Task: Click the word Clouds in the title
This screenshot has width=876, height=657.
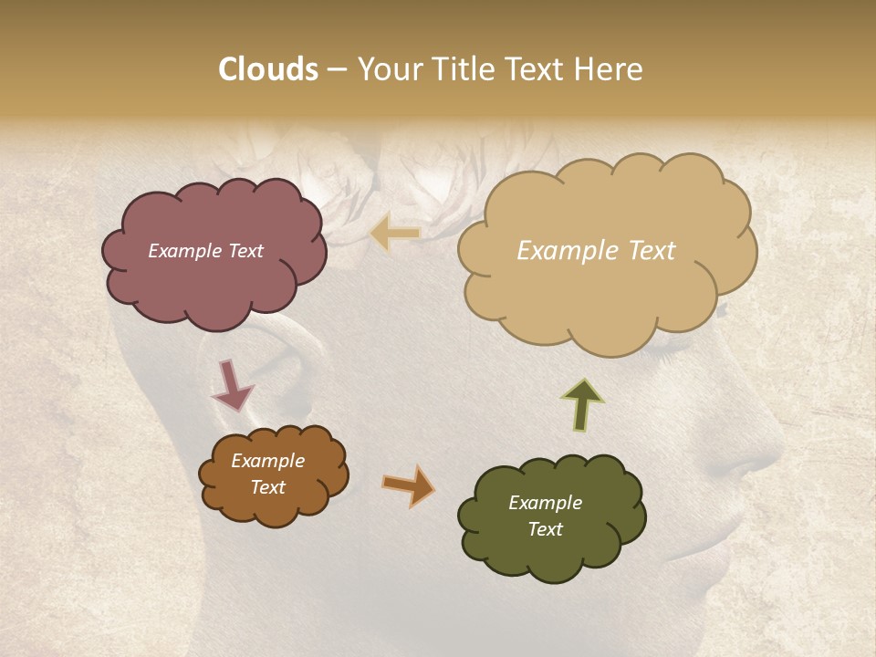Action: click(x=268, y=69)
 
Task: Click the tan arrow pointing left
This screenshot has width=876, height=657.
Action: click(x=394, y=234)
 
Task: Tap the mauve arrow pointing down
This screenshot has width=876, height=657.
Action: click(x=231, y=384)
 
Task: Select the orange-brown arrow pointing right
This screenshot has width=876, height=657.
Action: click(x=409, y=485)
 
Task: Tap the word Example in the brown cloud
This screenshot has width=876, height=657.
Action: click(x=267, y=461)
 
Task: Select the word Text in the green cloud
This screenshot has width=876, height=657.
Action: click(x=545, y=529)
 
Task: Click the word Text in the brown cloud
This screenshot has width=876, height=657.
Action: click(x=267, y=487)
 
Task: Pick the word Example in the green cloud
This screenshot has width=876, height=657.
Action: click(x=545, y=503)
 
